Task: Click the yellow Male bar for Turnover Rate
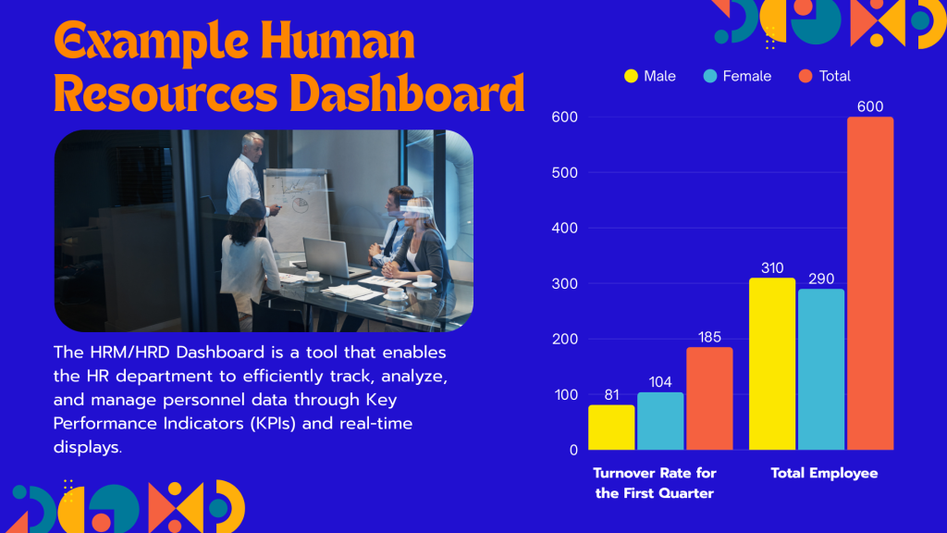611,428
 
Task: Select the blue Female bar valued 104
660,421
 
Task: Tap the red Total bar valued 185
709,399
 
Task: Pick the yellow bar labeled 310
772,364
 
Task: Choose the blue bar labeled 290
821,369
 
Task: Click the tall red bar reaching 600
869,283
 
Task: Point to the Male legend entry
650,76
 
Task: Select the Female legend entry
737,76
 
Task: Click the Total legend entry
824,76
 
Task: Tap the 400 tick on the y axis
564,229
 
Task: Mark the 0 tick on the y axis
573,451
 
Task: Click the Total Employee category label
824,473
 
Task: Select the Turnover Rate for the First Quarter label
655,483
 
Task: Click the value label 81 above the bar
612,395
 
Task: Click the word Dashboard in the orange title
407,93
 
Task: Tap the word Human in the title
338,41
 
